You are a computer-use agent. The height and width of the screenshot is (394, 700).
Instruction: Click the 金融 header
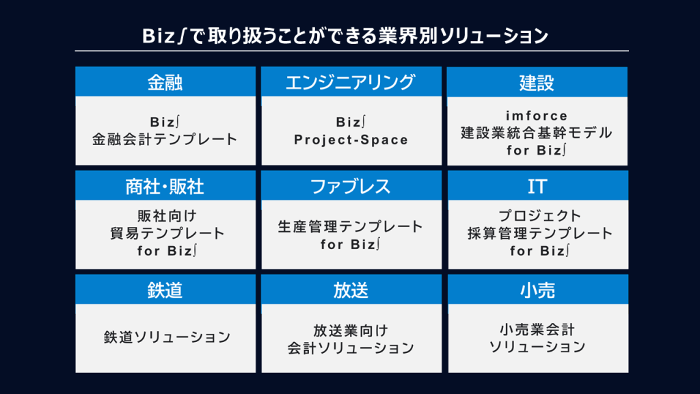pyautogui.click(x=165, y=83)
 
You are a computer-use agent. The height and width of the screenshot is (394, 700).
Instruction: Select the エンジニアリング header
pyautogui.click(x=351, y=83)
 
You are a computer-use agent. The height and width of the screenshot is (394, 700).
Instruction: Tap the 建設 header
pyautogui.click(x=537, y=83)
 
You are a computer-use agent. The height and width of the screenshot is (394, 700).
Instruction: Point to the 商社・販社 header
pyautogui.click(x=165, y=186)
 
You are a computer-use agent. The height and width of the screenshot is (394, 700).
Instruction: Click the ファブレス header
pyautogui.click(x=351, y=186)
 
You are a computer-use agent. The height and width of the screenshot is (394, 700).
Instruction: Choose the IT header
pyautogui.click(x=537, y=186)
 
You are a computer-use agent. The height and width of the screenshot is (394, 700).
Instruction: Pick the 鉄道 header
pyautogui.click(x=165, y=290)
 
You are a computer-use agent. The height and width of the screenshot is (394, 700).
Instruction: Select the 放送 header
pyautogui.click(x=351, y=290)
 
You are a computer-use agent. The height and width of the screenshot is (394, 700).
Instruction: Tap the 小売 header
pyautogui.click(x=537, y=290)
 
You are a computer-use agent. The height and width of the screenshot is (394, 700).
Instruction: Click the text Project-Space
pyautogui.click(x=351, y=140)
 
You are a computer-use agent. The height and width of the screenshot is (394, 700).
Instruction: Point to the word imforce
pyautogui.click(x=537, y=116)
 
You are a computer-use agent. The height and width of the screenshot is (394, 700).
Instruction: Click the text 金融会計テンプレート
pyautogui.click(x=165, y=140)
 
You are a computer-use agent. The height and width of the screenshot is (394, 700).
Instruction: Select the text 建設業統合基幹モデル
pyautogui.click(x=537, y=133)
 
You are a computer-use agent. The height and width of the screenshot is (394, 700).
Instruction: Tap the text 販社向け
pyautogui.click(x=167, y=216)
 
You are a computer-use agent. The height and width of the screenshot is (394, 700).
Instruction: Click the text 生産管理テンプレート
pyautogui.click(x=351, y=226)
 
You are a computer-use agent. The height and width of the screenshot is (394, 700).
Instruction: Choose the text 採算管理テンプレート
pyautogui.click(x=540, y=233)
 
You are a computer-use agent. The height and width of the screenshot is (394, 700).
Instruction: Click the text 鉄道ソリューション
pyautogui.click(x=167, y=337)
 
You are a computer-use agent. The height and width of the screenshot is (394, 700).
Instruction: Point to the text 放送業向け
pyautogui.click(x=351, y=330)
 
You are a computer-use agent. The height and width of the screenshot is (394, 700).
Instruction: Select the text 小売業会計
pyautogui.click(x=537, y=330)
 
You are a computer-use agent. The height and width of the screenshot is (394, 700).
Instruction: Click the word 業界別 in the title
pyautogui.click(x=407, y=36)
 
